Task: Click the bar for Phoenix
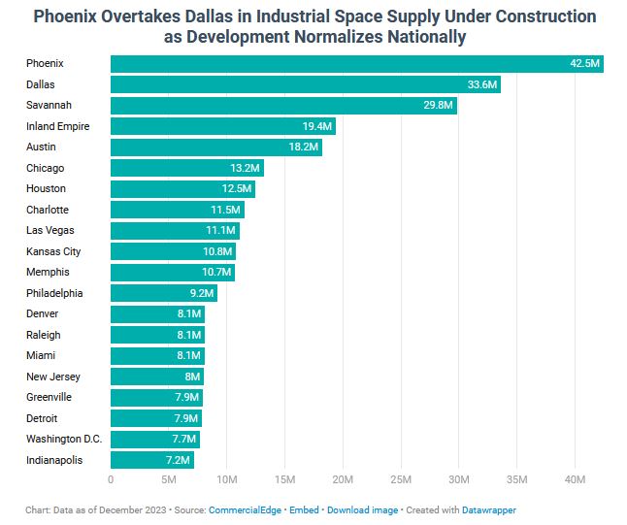click(x=356, y=64)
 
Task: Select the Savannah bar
click(x=283, y=106)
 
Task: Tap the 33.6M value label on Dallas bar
click(x=482, y=85)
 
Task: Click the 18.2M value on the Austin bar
click(x=304, y=148)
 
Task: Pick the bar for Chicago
click(x=186, y=168)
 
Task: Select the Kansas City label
click(x=53, y=251)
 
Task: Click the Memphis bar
click(x=172, y=273)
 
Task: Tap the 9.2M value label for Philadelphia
click(x=201, y=293)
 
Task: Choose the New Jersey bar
click(x=156, y=377)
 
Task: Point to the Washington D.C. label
click(x=64, y=439)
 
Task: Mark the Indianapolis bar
click(x=151, y=460)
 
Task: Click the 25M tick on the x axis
click(x=401, y=479)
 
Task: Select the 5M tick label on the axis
click(x=168, y=479)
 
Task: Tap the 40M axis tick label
click(x=575, y=479)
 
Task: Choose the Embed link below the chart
click(x=305, y=509)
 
